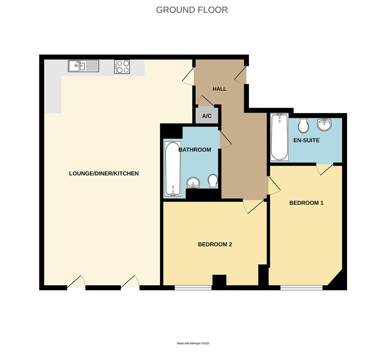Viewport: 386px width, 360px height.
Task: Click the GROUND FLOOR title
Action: (192, 10)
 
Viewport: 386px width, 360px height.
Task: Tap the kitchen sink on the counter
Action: (83, 66)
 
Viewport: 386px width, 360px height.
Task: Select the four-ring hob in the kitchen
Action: (122, 66)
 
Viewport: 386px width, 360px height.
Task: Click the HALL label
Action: (220, 89)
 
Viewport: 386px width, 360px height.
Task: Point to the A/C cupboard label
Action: (207, 116)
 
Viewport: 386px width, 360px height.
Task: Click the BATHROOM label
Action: (195, 150)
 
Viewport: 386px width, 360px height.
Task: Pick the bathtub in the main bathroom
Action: (173, 169)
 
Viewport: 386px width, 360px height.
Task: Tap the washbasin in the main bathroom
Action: (193, 183)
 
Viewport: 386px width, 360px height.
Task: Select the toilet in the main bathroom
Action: (213, 181)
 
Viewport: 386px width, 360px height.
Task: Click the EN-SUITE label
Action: (306, 140)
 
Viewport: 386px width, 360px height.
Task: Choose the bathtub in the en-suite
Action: (279, 137)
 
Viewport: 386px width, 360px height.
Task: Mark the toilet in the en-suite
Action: (304, 125)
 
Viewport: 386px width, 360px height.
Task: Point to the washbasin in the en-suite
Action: (324, 125)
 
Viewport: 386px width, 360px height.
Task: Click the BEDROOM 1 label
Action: (306, 203)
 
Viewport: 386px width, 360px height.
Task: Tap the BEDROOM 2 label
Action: (215, 244)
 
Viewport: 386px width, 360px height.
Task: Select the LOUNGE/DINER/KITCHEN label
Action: (104, 173)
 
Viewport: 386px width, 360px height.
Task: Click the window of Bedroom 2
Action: (193, 287)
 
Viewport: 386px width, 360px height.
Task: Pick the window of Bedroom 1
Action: (301, 287)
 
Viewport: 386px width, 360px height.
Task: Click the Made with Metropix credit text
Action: (193, 343)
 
